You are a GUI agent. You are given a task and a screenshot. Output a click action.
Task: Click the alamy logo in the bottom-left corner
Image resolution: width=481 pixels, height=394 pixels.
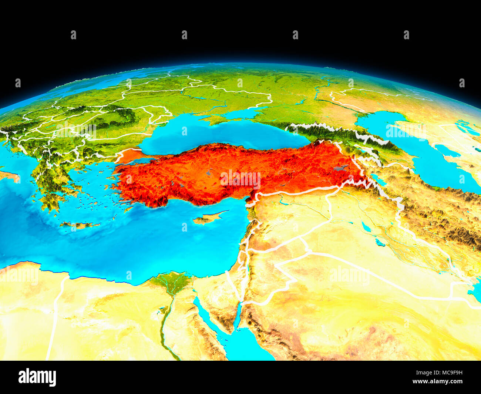(x=37, y=377)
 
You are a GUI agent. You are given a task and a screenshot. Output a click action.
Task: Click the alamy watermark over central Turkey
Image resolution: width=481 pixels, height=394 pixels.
(x=240, y=178)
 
